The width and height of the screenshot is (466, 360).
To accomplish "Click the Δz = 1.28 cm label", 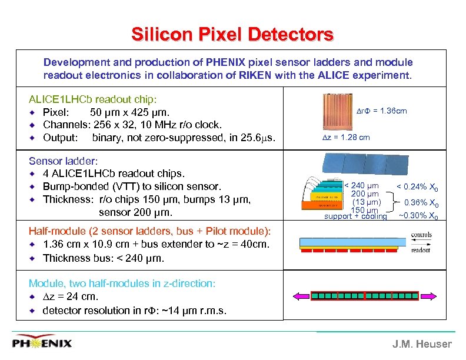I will coord(345,137).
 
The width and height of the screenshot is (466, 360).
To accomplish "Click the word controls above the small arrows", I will coord(421,234).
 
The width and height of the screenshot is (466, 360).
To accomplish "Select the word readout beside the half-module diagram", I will coord(421,250).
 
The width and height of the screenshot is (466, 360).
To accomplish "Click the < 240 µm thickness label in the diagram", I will coord(362,186).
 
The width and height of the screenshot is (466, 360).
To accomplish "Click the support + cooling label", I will coord(356,216).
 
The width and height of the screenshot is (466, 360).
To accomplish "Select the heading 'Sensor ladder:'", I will coord(63,160).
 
